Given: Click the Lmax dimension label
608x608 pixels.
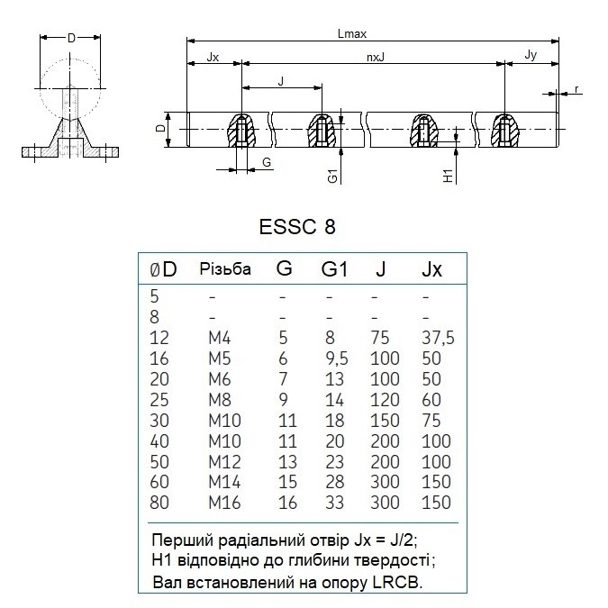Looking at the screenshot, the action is coord(351,33).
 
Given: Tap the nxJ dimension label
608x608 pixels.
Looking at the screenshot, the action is coord(376,58).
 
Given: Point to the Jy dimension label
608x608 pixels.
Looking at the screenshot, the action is coord(531,55).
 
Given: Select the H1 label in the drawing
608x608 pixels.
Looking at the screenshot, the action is coord(448,176).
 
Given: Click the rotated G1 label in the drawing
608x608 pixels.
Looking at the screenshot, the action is coord(332,176).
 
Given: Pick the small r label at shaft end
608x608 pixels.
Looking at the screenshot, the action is coord(576,89).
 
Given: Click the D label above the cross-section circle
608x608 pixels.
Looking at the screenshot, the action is coord(71,38).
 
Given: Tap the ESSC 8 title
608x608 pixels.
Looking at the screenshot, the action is coord(297,227).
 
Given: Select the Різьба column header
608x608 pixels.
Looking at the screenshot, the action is coord(225,269).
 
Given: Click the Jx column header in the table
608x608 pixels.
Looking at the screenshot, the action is coord(431,269).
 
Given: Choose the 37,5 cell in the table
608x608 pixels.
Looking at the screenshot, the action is coord(438,338).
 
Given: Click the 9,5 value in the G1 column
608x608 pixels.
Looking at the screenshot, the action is coord(337,358).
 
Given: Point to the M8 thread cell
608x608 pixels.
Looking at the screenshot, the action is coord(220,400).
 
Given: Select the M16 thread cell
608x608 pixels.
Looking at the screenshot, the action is coord(224,503).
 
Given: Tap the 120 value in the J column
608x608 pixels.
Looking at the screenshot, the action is coord(385,400).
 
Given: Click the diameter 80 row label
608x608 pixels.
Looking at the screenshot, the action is coord(159,503).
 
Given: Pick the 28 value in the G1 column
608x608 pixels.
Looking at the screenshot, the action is coord(335,482).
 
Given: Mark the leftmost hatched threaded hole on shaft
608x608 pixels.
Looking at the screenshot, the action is coord(241,131).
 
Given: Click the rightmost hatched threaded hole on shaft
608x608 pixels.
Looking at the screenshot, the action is coord(504,131).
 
